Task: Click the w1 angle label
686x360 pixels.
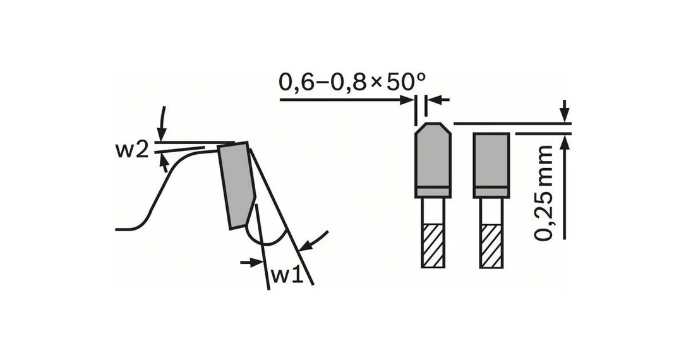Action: [x=287, y=275]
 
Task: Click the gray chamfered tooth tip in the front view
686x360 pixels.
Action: [x=433, y=160]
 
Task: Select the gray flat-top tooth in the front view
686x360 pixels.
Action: [x=491, y=165]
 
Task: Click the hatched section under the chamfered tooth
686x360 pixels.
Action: [x=433, y=246]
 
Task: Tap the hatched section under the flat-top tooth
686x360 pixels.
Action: [x=491, y=246]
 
